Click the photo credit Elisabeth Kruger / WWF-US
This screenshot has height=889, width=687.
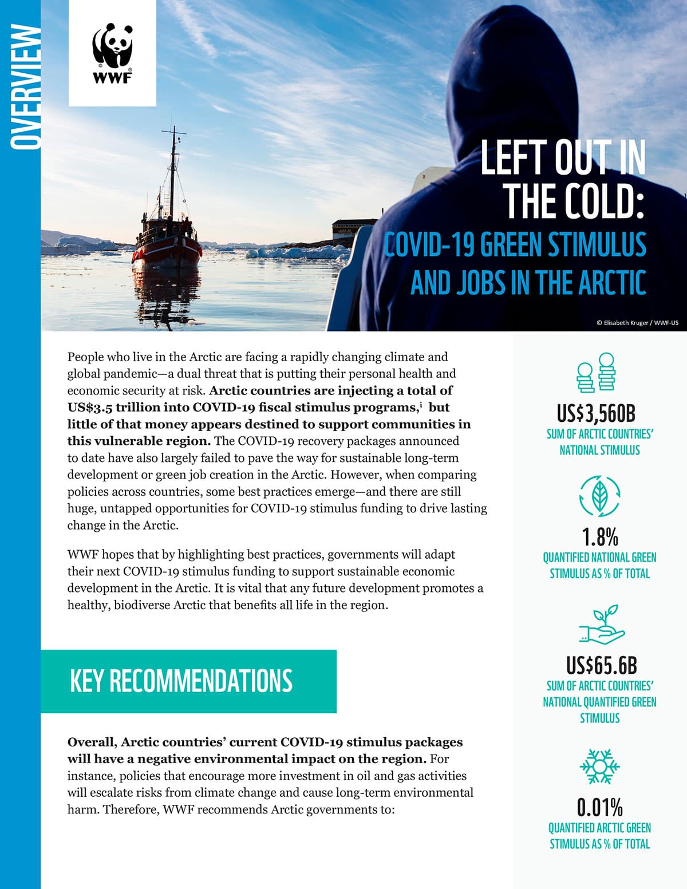[637, 323]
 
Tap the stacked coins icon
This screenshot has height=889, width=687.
[596, 373]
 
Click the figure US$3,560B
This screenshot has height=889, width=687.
[599, 413]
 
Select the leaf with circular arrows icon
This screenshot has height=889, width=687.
[599, 496]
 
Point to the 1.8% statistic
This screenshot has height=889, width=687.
[599, 537]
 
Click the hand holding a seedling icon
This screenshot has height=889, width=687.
[601, 625]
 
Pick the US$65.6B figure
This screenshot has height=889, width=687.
[601, 665]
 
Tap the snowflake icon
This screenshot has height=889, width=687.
[599, 766]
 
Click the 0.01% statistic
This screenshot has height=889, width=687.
[599, 807]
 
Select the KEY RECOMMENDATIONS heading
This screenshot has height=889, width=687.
[181, 681]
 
